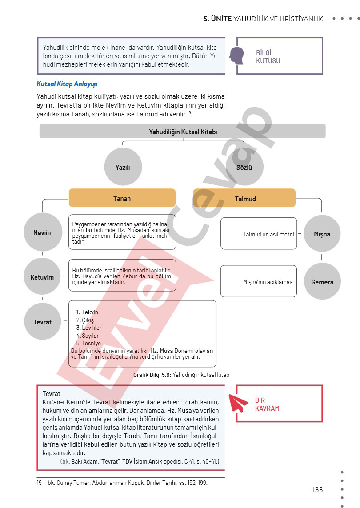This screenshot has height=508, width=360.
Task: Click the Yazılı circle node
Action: coord(122,168)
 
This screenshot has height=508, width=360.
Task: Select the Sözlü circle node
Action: coord(244,168)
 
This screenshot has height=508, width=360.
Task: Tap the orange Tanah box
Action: coord(122,198)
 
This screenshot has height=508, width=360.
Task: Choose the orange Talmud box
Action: coord(244,199)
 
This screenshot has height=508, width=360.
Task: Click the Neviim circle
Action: coord(43,233)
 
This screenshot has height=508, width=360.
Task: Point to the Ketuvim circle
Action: coord(42,277)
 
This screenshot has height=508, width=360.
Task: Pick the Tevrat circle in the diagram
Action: coord(43,322)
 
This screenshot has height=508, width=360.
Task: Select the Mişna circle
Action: coord(322,234)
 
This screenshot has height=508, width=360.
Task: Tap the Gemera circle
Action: coord(322,282)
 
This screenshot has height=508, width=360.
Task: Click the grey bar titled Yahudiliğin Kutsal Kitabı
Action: coord(183,132)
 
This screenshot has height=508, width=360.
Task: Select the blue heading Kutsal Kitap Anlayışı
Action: coord(67,84)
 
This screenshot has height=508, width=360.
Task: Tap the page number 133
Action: coord(317,490)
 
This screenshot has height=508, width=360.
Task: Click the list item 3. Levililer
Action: coord(89,328)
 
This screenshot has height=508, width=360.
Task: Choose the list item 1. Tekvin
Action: coord(87,312)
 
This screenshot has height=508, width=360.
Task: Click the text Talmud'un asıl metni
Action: coord(268,234)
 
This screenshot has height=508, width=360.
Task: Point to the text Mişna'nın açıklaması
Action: coord(268,282)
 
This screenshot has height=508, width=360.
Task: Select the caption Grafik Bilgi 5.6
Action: coord(182,375)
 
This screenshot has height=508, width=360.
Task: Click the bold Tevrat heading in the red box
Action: coord(52,394)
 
